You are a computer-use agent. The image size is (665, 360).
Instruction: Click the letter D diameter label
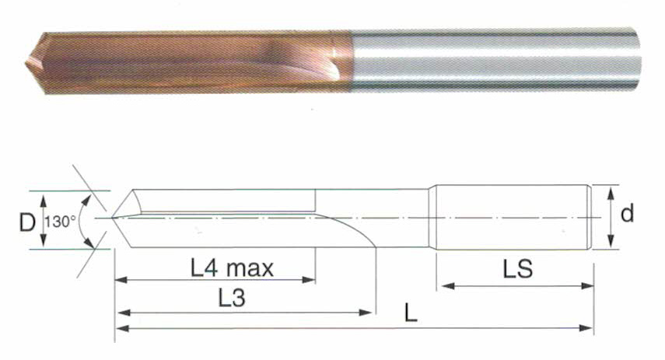[27, 222]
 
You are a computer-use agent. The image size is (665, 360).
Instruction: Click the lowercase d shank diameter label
[627, 213]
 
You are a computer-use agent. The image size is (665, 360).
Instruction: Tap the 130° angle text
[60, 222]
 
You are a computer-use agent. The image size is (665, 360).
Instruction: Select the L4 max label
[232, 268]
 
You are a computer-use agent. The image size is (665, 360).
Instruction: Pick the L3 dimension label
[232, 298]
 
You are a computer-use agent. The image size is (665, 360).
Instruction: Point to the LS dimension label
[517, 269]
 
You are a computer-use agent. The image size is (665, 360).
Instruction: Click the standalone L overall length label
[411, 314]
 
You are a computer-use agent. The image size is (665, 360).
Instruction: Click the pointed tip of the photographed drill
[26, 64]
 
